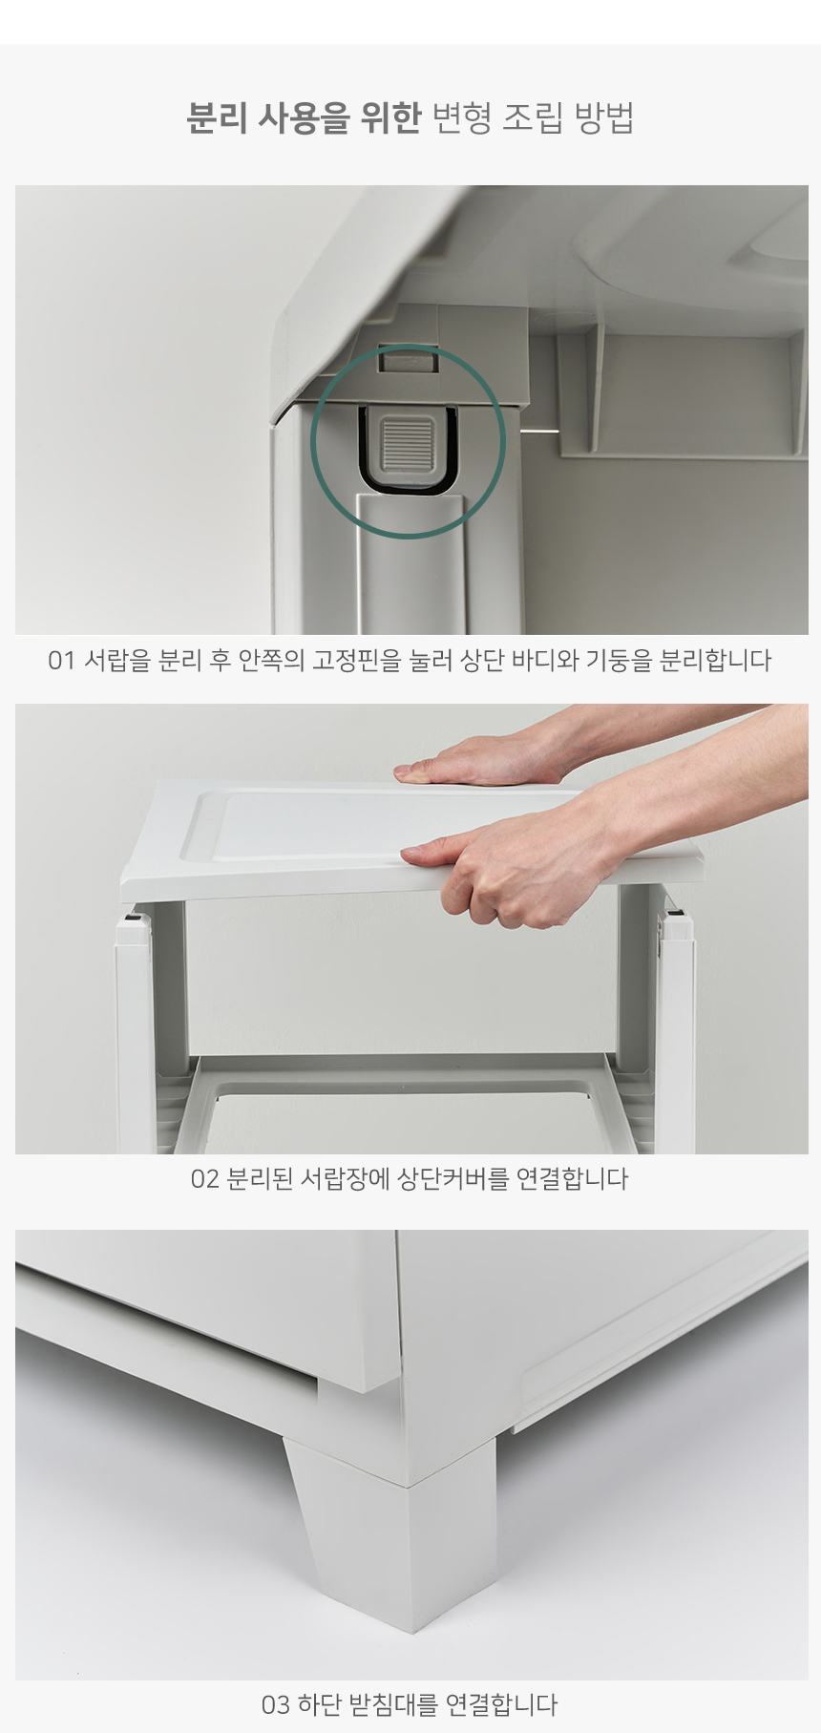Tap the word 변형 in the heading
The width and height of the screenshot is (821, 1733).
(x=462, y=117)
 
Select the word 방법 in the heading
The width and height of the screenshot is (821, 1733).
(x=604, y=117)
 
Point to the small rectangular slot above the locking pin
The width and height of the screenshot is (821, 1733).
(x=409, y=362)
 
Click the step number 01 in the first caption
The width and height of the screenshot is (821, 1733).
(x=60, y=661)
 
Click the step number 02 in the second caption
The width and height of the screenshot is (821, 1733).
(x=204, y=1179)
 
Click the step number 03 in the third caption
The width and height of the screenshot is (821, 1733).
(x=275, y=1705)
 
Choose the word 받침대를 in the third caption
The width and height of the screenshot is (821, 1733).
(x=393, y=1704)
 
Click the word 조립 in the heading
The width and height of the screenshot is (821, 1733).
(x=534, y=117)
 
